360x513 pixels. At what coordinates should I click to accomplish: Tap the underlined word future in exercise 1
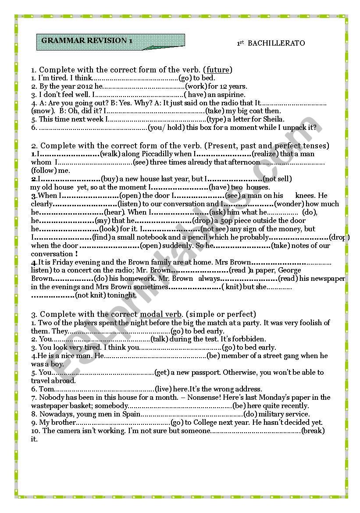point(219,70)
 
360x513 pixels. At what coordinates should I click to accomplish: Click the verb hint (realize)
point(265,154)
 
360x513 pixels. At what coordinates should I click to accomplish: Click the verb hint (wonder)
point(289,204)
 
